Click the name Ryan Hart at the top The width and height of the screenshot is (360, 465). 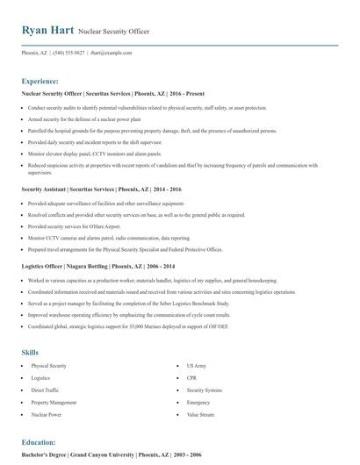pos(48,30)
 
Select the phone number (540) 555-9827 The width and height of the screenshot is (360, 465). pos(68,53)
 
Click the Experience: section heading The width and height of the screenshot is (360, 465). pos(40,80)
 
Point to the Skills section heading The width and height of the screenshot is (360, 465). pos(30,352)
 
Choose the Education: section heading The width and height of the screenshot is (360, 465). pos(39,442)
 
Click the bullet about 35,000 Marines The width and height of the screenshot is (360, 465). pos(127,325)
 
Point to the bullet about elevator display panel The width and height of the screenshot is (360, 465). pos(97,153)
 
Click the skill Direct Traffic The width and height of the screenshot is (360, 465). pos(45,389)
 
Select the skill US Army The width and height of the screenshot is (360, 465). pos(197,364)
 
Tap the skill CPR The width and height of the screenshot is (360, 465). pos(191,376)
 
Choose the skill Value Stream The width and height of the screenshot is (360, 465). pos(200,413)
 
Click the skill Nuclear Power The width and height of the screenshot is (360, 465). pos(47,413)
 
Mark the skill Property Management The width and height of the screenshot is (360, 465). pos(54,401)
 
